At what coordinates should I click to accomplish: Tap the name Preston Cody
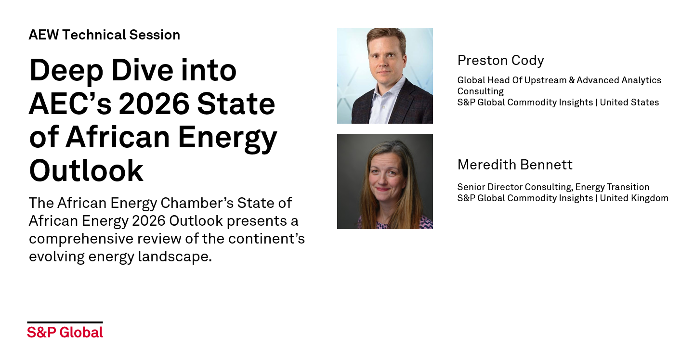501,60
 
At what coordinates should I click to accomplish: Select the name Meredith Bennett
515,165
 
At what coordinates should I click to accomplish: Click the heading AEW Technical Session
105,35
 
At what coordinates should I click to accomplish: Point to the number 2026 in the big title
154,103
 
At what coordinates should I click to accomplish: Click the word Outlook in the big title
86,170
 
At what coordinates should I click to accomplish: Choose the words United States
629,103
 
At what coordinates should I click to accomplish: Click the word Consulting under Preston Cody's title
481,91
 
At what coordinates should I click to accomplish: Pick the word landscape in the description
175,257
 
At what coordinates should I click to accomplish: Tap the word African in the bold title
118,137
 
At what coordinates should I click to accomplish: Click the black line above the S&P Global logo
65,322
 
